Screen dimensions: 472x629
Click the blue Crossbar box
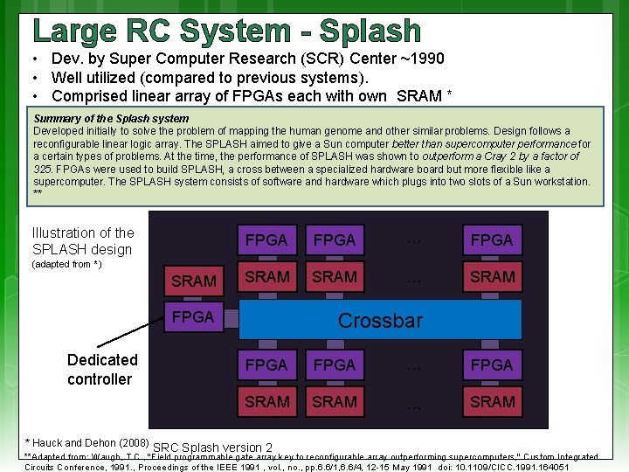click(x=380, y=320)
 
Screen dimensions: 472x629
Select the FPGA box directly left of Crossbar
click(x=193, y=317)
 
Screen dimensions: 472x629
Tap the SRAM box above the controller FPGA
click(x=194, y=281)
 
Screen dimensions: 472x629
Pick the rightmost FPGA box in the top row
click(x=493, y=239)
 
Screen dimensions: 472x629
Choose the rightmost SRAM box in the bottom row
click(x=493, y=401)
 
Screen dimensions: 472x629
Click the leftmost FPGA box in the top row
click(x=266, y=239)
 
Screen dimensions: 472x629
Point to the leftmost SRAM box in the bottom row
click(x=266, y=401)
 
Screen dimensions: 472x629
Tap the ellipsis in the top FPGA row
click(x=414, y=240)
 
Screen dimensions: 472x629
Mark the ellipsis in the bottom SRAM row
click(x=414, y=403)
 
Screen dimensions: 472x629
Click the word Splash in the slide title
click(x=370, y=31)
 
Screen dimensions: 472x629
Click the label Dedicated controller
click(x=101, y=369)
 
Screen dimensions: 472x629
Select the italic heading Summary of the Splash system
click(x=111, y=118)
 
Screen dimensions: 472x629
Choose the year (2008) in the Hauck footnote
click(x=130, y=442)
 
